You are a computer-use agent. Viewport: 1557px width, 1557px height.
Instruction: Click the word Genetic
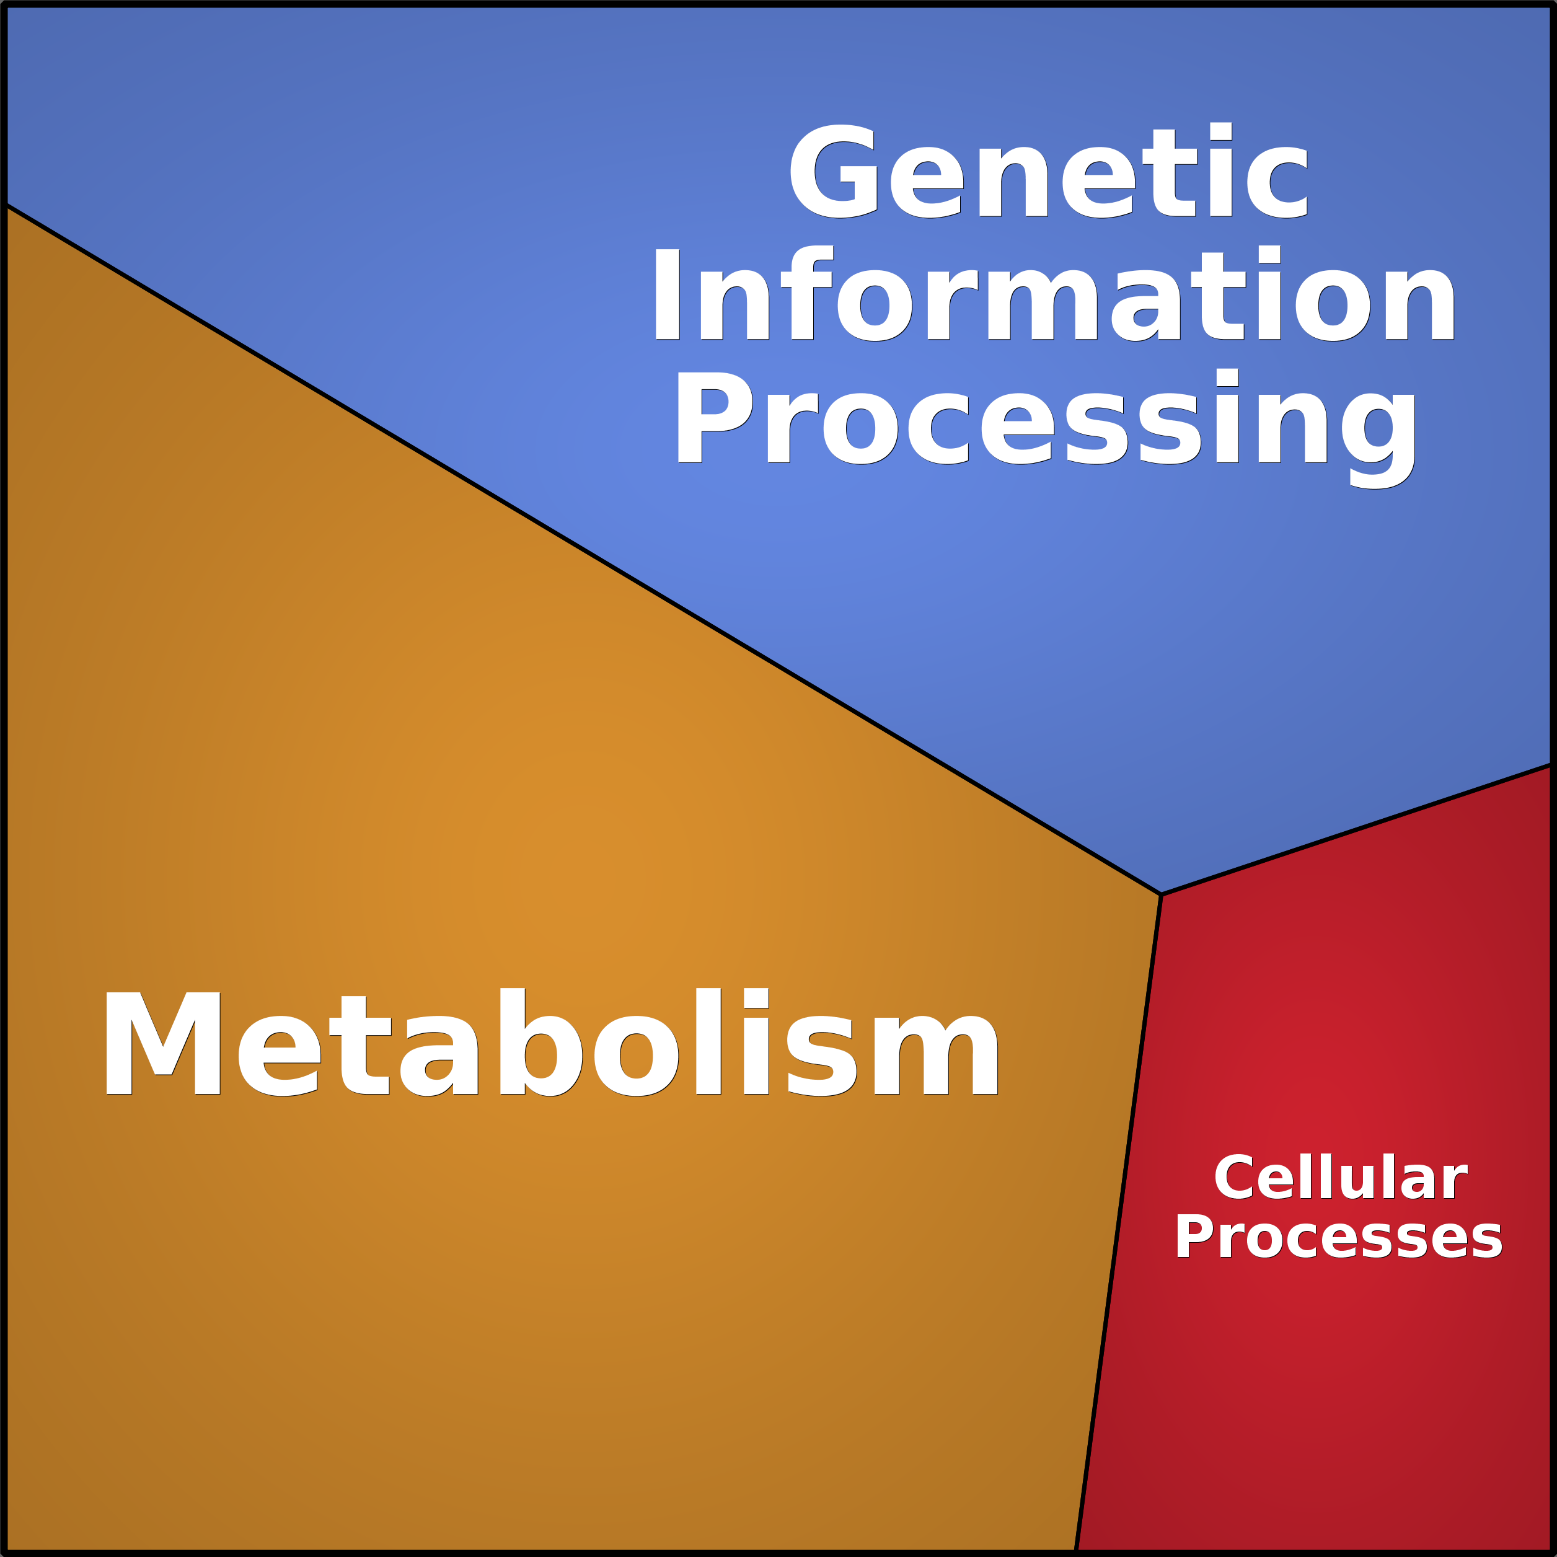tap(1048, 172)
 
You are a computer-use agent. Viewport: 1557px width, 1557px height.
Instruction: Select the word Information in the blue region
tap(1054, 294)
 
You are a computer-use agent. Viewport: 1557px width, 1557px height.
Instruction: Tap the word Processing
tap(1046, 419)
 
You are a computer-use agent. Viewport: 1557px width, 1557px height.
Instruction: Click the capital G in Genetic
tap(833, 172)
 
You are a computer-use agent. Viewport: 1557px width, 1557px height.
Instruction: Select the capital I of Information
tap(668, 295)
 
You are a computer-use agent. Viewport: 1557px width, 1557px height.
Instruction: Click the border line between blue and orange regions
tap(580, 550)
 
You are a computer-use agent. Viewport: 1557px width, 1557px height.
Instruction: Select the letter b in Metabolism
tap(540, 1042)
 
